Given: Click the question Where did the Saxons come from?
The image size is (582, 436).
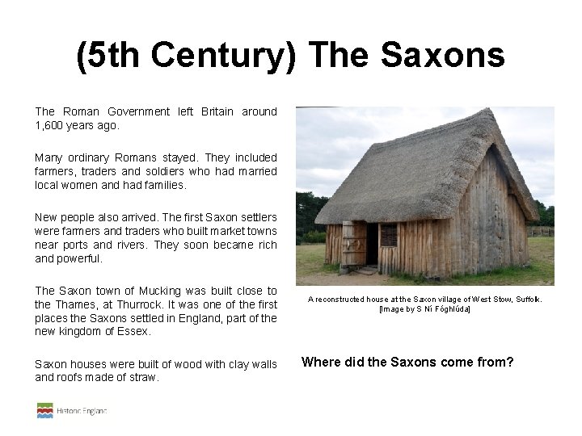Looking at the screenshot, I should (407, 362).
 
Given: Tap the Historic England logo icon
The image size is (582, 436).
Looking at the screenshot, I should (44, 410).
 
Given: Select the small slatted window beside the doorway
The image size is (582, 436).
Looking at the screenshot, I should (389, 234).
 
